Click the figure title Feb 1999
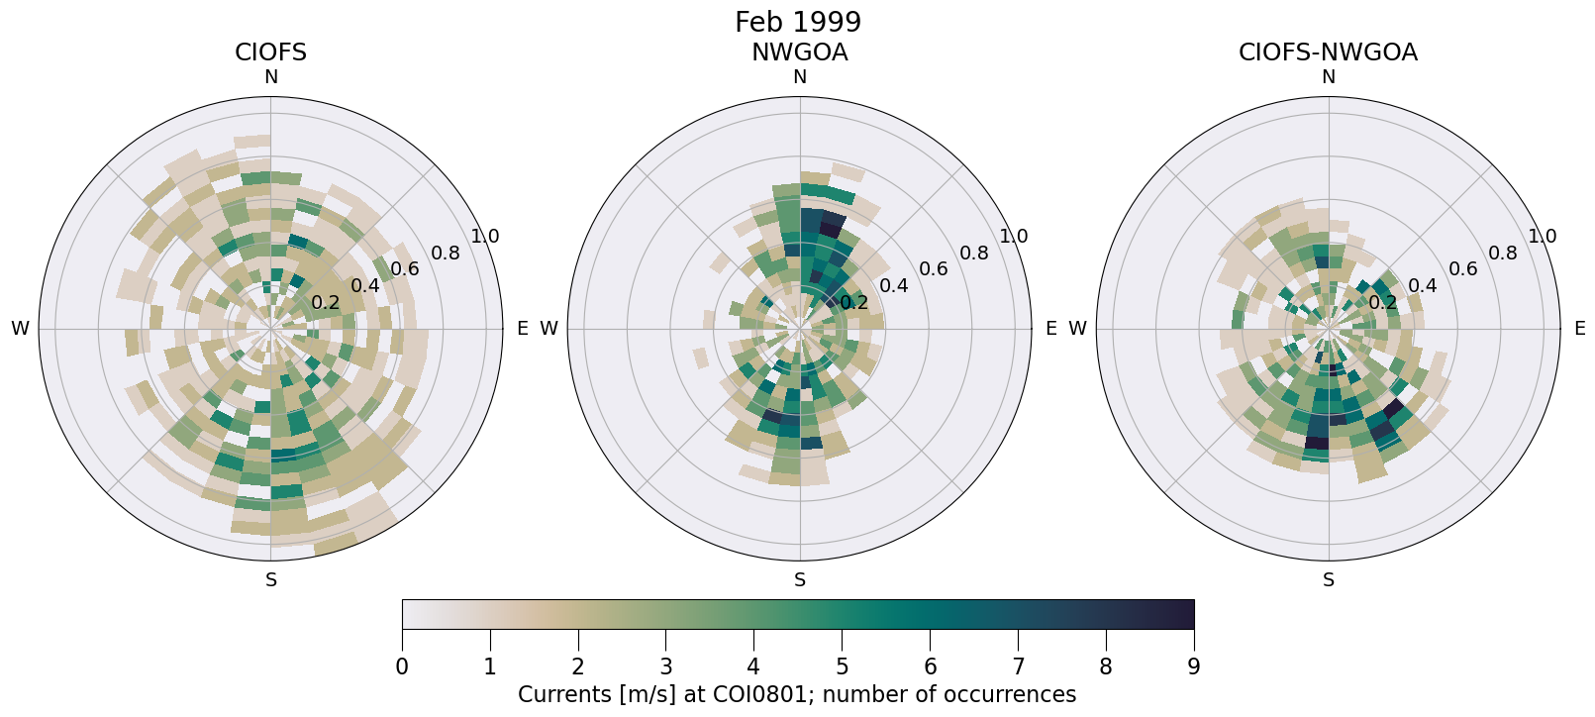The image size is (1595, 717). (797, 22)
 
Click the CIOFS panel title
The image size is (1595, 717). (270, 52)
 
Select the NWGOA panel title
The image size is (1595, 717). (799, 52)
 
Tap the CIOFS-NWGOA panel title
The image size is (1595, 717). (1328, 52)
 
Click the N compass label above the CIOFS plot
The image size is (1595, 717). (270, 77)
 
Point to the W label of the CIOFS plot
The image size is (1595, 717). (20, 329)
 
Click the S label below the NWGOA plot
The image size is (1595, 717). (800, 580)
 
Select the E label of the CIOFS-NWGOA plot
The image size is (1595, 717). (1579, 329)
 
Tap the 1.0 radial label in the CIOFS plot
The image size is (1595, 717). (485, 237)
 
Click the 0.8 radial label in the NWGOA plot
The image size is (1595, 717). (974, 253)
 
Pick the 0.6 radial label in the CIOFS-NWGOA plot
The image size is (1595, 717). (1462, 269)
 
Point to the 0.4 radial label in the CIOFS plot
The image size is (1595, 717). (364, 286)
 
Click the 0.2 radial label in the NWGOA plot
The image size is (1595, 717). (853, 303)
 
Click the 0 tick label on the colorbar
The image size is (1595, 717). (402, 666)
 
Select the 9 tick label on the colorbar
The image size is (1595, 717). (1193, 666)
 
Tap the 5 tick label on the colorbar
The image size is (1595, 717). (842, 666)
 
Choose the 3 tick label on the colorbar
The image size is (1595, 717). (665, 666)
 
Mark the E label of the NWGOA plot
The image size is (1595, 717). (1051, 329)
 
